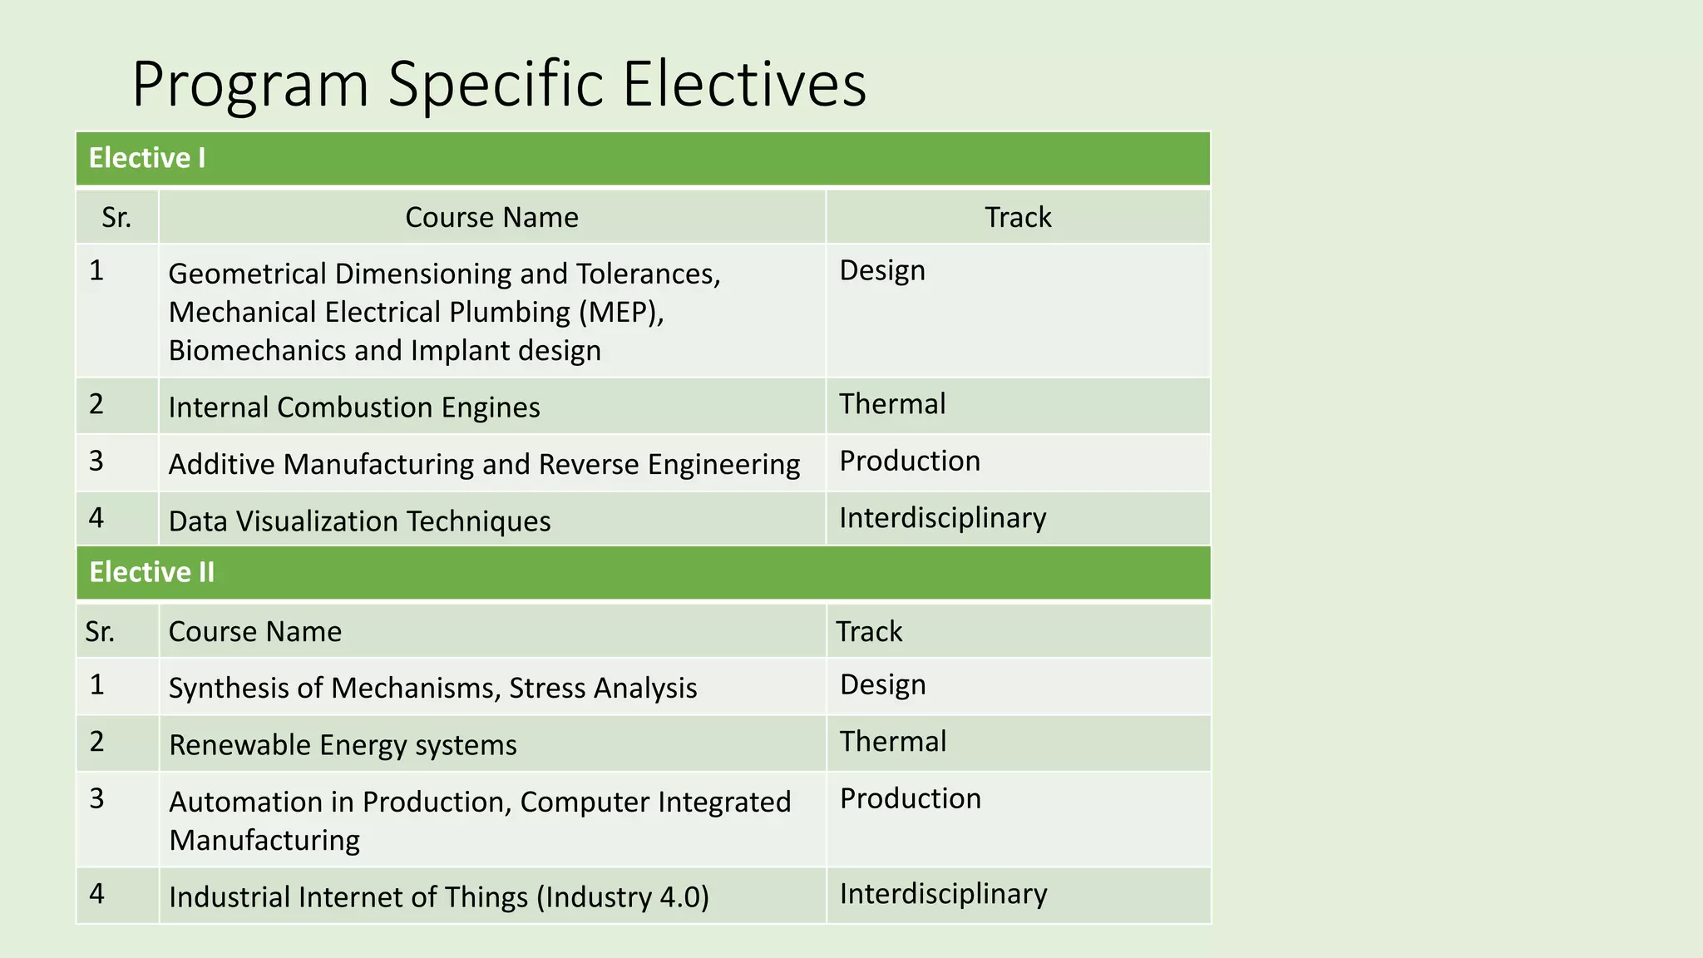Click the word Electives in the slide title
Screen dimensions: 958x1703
pos(743,84)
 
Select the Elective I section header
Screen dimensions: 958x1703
pos(147,158)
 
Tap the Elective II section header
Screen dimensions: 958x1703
pos(151,572)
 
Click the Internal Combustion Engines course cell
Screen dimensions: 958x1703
pos(354,407)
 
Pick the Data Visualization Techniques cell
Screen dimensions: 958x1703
pos(359,521)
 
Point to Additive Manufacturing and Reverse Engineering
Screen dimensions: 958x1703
pos(484,464)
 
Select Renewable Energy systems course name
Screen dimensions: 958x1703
pos(343,745)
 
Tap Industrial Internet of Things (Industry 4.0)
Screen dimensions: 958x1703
pos(439,897)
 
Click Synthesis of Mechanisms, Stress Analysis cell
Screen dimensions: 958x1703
pos(432,689)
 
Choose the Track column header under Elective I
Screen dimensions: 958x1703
pos(1018,218)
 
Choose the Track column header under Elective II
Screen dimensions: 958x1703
pos(869,632)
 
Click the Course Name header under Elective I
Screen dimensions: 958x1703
pos(491,218)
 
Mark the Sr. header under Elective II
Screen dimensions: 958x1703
pos(100,632)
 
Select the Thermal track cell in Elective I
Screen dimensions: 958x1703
pos(892,404)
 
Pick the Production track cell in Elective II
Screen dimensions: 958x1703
pos(911,798)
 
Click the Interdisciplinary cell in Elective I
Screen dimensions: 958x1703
pos(942,518)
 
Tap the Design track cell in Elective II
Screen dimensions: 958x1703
pos(882,684)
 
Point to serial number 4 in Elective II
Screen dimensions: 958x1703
pos(97,894)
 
